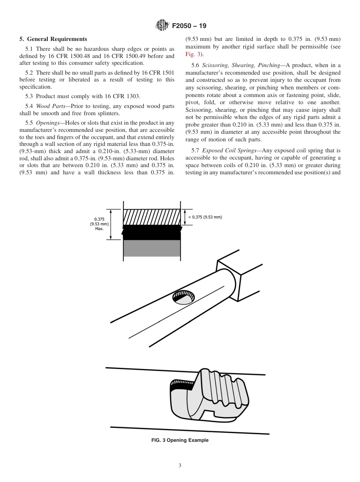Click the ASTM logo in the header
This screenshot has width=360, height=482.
pos(162,26)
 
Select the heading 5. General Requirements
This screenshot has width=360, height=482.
pos(53,39)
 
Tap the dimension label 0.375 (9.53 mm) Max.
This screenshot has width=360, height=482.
pos(99,224)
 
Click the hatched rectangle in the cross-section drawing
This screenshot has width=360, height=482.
pos(152,217)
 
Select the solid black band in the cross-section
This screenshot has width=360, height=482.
pos(152,232)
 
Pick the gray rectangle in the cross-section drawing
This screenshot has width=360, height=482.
pos(152,248)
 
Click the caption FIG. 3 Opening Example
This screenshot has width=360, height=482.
pos(180,440)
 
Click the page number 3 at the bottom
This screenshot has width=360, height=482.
pos(180,466)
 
